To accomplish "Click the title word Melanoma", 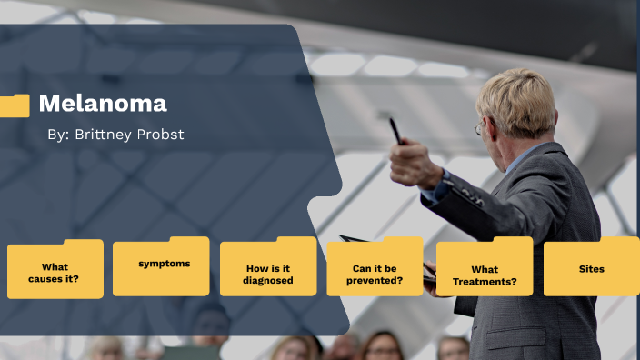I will coord(102,104).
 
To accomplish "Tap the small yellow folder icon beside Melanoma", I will coord(15,105).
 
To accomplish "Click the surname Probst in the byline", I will coord(163,135).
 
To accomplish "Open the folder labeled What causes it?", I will coord(55,270).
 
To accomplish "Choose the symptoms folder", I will coord(161,266).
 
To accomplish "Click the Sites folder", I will coord(591,268).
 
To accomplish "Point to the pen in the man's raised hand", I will coord(395,130).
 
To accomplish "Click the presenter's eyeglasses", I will coord(479,128).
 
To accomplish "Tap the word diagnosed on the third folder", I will coord(268,281).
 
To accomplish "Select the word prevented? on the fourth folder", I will coord(375,281).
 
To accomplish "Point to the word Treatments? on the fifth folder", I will coord(485,282).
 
